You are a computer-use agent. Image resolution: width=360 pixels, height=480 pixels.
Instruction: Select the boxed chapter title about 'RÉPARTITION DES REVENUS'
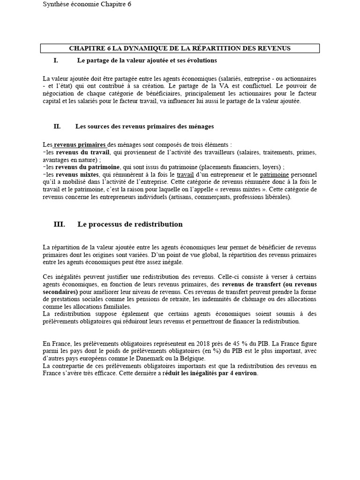pyautogui.click(x=180, y=48)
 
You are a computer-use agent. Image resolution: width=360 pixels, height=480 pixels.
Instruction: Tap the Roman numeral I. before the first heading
pyautogui.click(x=56, y=61)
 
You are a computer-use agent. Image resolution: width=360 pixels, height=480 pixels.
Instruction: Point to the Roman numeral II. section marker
pyautogui.click(x=57, y=126)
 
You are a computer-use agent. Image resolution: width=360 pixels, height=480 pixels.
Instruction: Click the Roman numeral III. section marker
pyautogui.click(x=59, y=225)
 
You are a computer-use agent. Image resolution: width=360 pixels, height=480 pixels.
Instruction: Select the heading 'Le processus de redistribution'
pyautogui.click(x=130, y=225)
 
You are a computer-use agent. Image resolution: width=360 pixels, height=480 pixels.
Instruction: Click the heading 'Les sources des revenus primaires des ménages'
pyautogui.click(x=144, y=126)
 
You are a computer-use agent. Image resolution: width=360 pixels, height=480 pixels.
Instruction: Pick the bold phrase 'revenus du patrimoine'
pyautogui.click(x=88, y=167)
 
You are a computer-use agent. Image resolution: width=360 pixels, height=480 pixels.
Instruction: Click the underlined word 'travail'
pyautogui.click(x=185, y=174)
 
